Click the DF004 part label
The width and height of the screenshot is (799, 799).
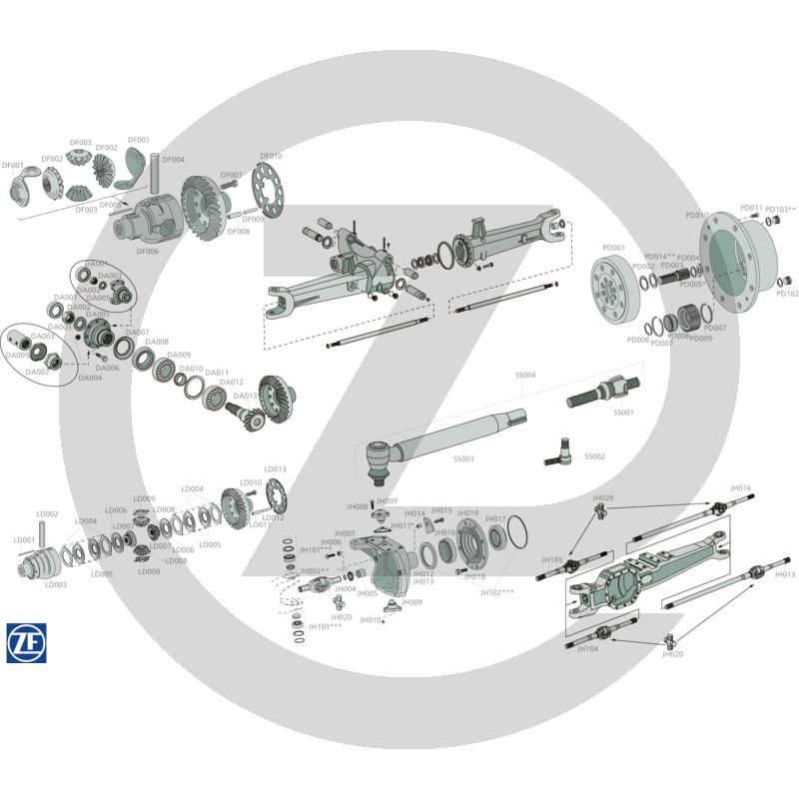point(173,160)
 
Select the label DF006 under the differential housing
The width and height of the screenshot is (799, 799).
point(148,252)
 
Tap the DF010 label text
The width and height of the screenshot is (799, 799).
point(271,156)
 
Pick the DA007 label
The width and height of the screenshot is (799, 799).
point(137,333)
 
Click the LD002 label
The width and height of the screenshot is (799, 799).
point(48,514)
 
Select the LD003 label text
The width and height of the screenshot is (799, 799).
point(56,585)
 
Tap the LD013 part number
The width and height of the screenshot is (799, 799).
point(275,468)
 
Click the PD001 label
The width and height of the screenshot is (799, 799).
point(613,248)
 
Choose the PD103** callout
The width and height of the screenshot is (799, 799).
point(781,210)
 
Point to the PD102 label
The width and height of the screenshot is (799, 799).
point(787,294)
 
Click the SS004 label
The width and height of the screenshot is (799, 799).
point(525,376)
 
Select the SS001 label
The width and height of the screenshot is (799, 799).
point(623,411)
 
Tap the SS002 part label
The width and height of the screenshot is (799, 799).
point(594,456)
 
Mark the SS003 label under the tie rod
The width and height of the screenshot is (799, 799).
point(463,458)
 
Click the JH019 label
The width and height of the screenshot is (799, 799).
point(467,513)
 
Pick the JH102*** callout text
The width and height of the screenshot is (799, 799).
point(497,592)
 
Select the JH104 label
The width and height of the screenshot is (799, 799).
point(588,648)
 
